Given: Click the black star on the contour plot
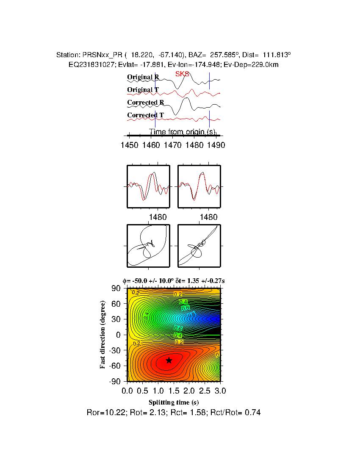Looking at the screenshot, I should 169,360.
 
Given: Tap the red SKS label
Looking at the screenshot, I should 182,74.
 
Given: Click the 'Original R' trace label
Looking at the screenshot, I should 143,78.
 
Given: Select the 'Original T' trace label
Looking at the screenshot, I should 143,90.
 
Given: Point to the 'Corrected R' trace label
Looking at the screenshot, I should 146,103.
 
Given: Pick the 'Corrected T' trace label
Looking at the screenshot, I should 146,115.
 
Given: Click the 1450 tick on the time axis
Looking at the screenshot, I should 129,145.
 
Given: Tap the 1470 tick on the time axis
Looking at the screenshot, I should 173,145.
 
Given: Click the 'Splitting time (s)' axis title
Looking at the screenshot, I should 174,402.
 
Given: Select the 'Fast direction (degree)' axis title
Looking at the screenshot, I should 103,335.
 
